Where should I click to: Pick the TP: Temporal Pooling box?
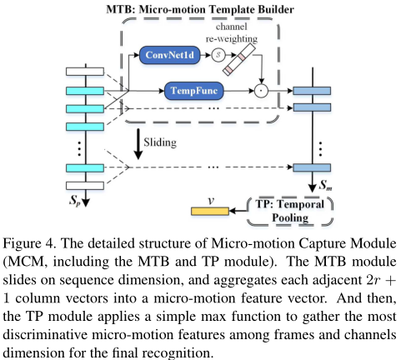289,210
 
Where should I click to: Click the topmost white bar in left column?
88,72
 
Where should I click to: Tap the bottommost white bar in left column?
88,185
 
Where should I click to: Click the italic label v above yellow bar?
212,200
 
